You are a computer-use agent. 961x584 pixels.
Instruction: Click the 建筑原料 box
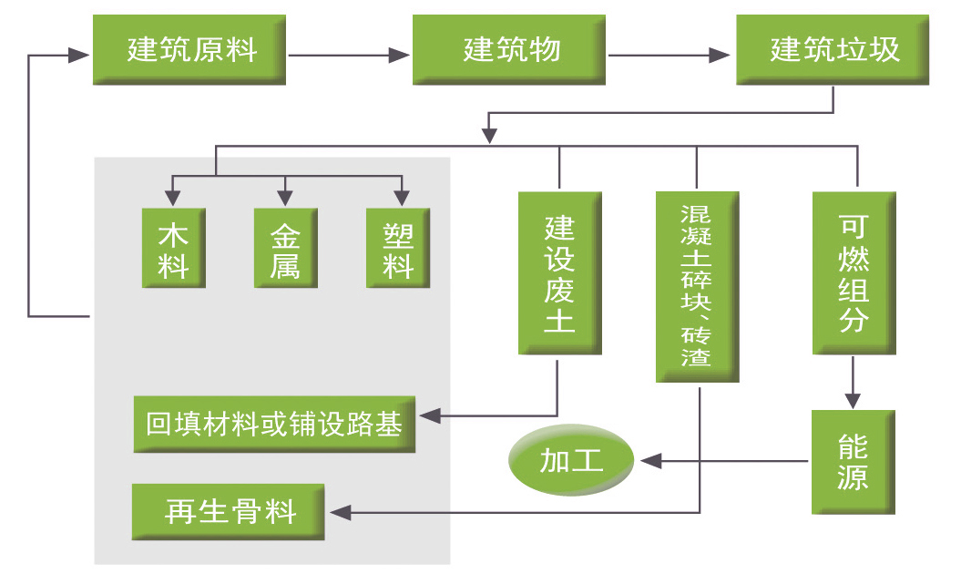(189, 49)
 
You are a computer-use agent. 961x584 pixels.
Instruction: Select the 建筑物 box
(508, 49)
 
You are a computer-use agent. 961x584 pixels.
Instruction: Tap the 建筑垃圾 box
(833, 49)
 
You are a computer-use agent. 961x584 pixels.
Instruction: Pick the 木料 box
(173, 248)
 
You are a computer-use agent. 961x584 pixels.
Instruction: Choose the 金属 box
(286, 248)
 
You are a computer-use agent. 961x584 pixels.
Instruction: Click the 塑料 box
(398, 248)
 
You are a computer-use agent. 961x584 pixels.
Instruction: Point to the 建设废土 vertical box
(559, 272)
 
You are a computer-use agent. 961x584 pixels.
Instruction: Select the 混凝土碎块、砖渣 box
(698, 287)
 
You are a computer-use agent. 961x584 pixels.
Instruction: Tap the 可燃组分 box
(854, 272)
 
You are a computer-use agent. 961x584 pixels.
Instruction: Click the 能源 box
(854, 462)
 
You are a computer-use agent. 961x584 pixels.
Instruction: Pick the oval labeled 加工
(570, 459)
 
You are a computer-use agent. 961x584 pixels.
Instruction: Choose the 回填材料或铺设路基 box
(274, 424)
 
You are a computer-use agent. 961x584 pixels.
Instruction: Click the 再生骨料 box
(228, 512)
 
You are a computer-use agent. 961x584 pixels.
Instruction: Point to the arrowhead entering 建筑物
(399, 56)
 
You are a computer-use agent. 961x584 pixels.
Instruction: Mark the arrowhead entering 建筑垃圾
(720, 56)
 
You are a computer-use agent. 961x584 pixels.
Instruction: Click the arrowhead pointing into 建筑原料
(79, 56)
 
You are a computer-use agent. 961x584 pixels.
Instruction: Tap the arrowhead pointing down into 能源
(854, 401)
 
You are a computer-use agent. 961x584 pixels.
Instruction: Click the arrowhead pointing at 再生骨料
(341, 512)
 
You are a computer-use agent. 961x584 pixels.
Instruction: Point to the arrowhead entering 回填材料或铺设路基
(430, 416)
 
